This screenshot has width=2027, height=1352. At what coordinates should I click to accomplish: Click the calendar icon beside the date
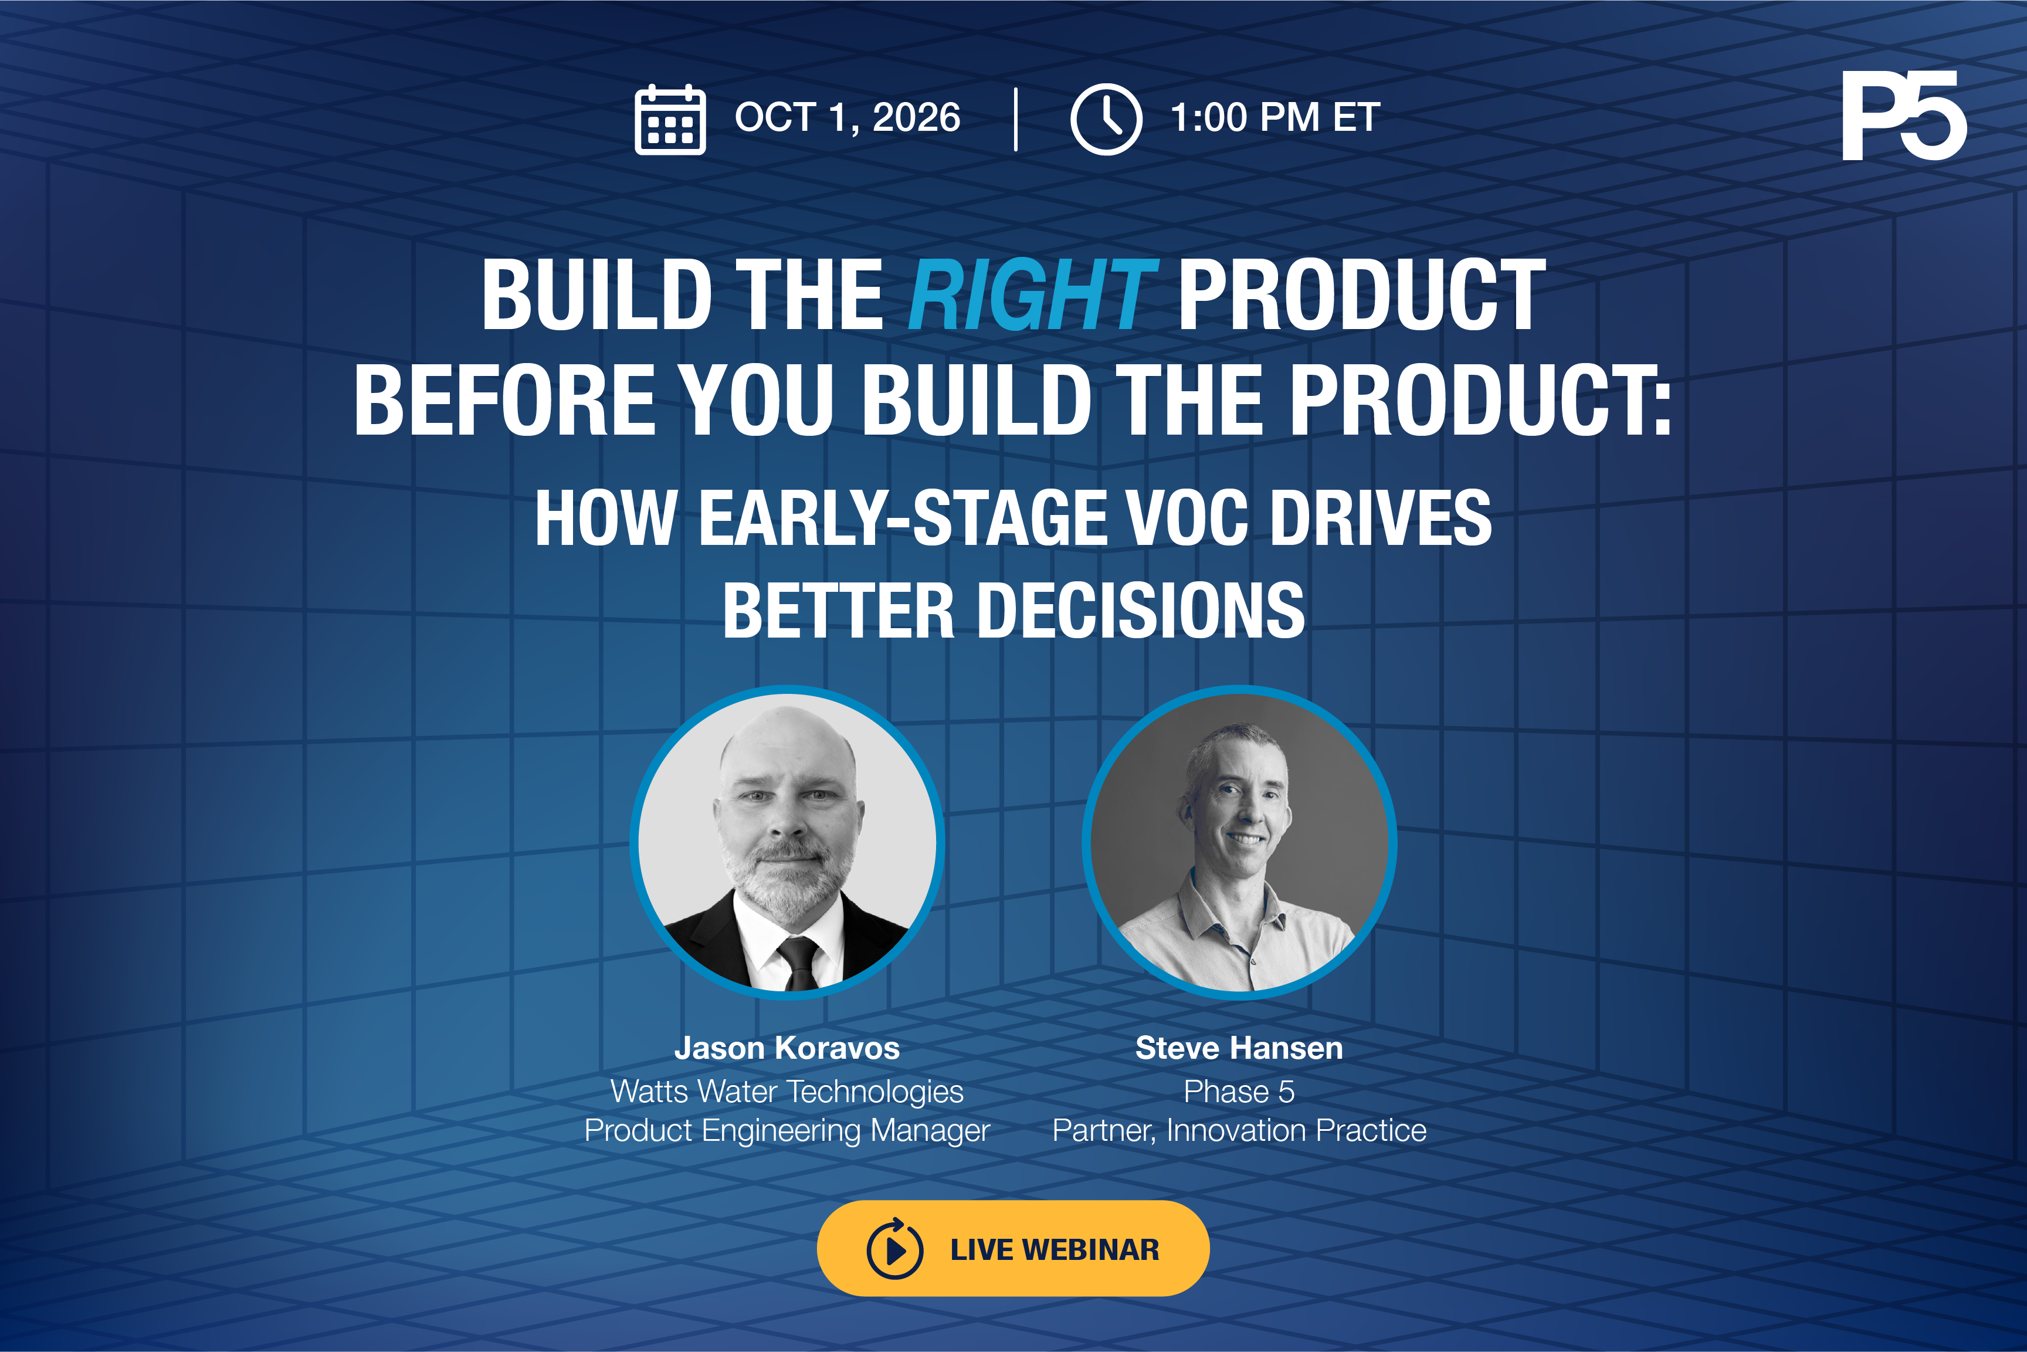click(x=670, y=120)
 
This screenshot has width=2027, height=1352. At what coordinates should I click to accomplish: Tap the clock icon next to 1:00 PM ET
click(x=1106, y=120)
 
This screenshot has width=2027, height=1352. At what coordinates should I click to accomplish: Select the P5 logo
click(x=1904, y=116)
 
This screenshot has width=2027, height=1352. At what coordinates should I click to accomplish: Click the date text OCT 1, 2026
click(x=848, y=117)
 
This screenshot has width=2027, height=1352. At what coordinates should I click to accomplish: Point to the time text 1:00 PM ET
click(x=1275, y=117)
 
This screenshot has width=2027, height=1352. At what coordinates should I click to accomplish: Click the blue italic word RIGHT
click(x=1032, y=295)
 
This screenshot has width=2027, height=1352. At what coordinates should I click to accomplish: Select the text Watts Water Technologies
click(x=787, y=1092)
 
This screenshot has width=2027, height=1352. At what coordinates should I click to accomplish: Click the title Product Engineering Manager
click(x=787, y=1130)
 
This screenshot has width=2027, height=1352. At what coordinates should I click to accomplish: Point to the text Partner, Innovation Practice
click(x=1239, y=1130)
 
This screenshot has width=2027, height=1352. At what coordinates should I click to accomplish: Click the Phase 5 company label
click(x=1239, y=1092)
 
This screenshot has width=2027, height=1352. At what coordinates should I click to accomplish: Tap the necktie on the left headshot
click(x=800, y=964)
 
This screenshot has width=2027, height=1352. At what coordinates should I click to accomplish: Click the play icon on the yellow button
click(x=895, y=1249)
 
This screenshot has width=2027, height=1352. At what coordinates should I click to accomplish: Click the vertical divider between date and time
click(x=1016, y=119)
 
